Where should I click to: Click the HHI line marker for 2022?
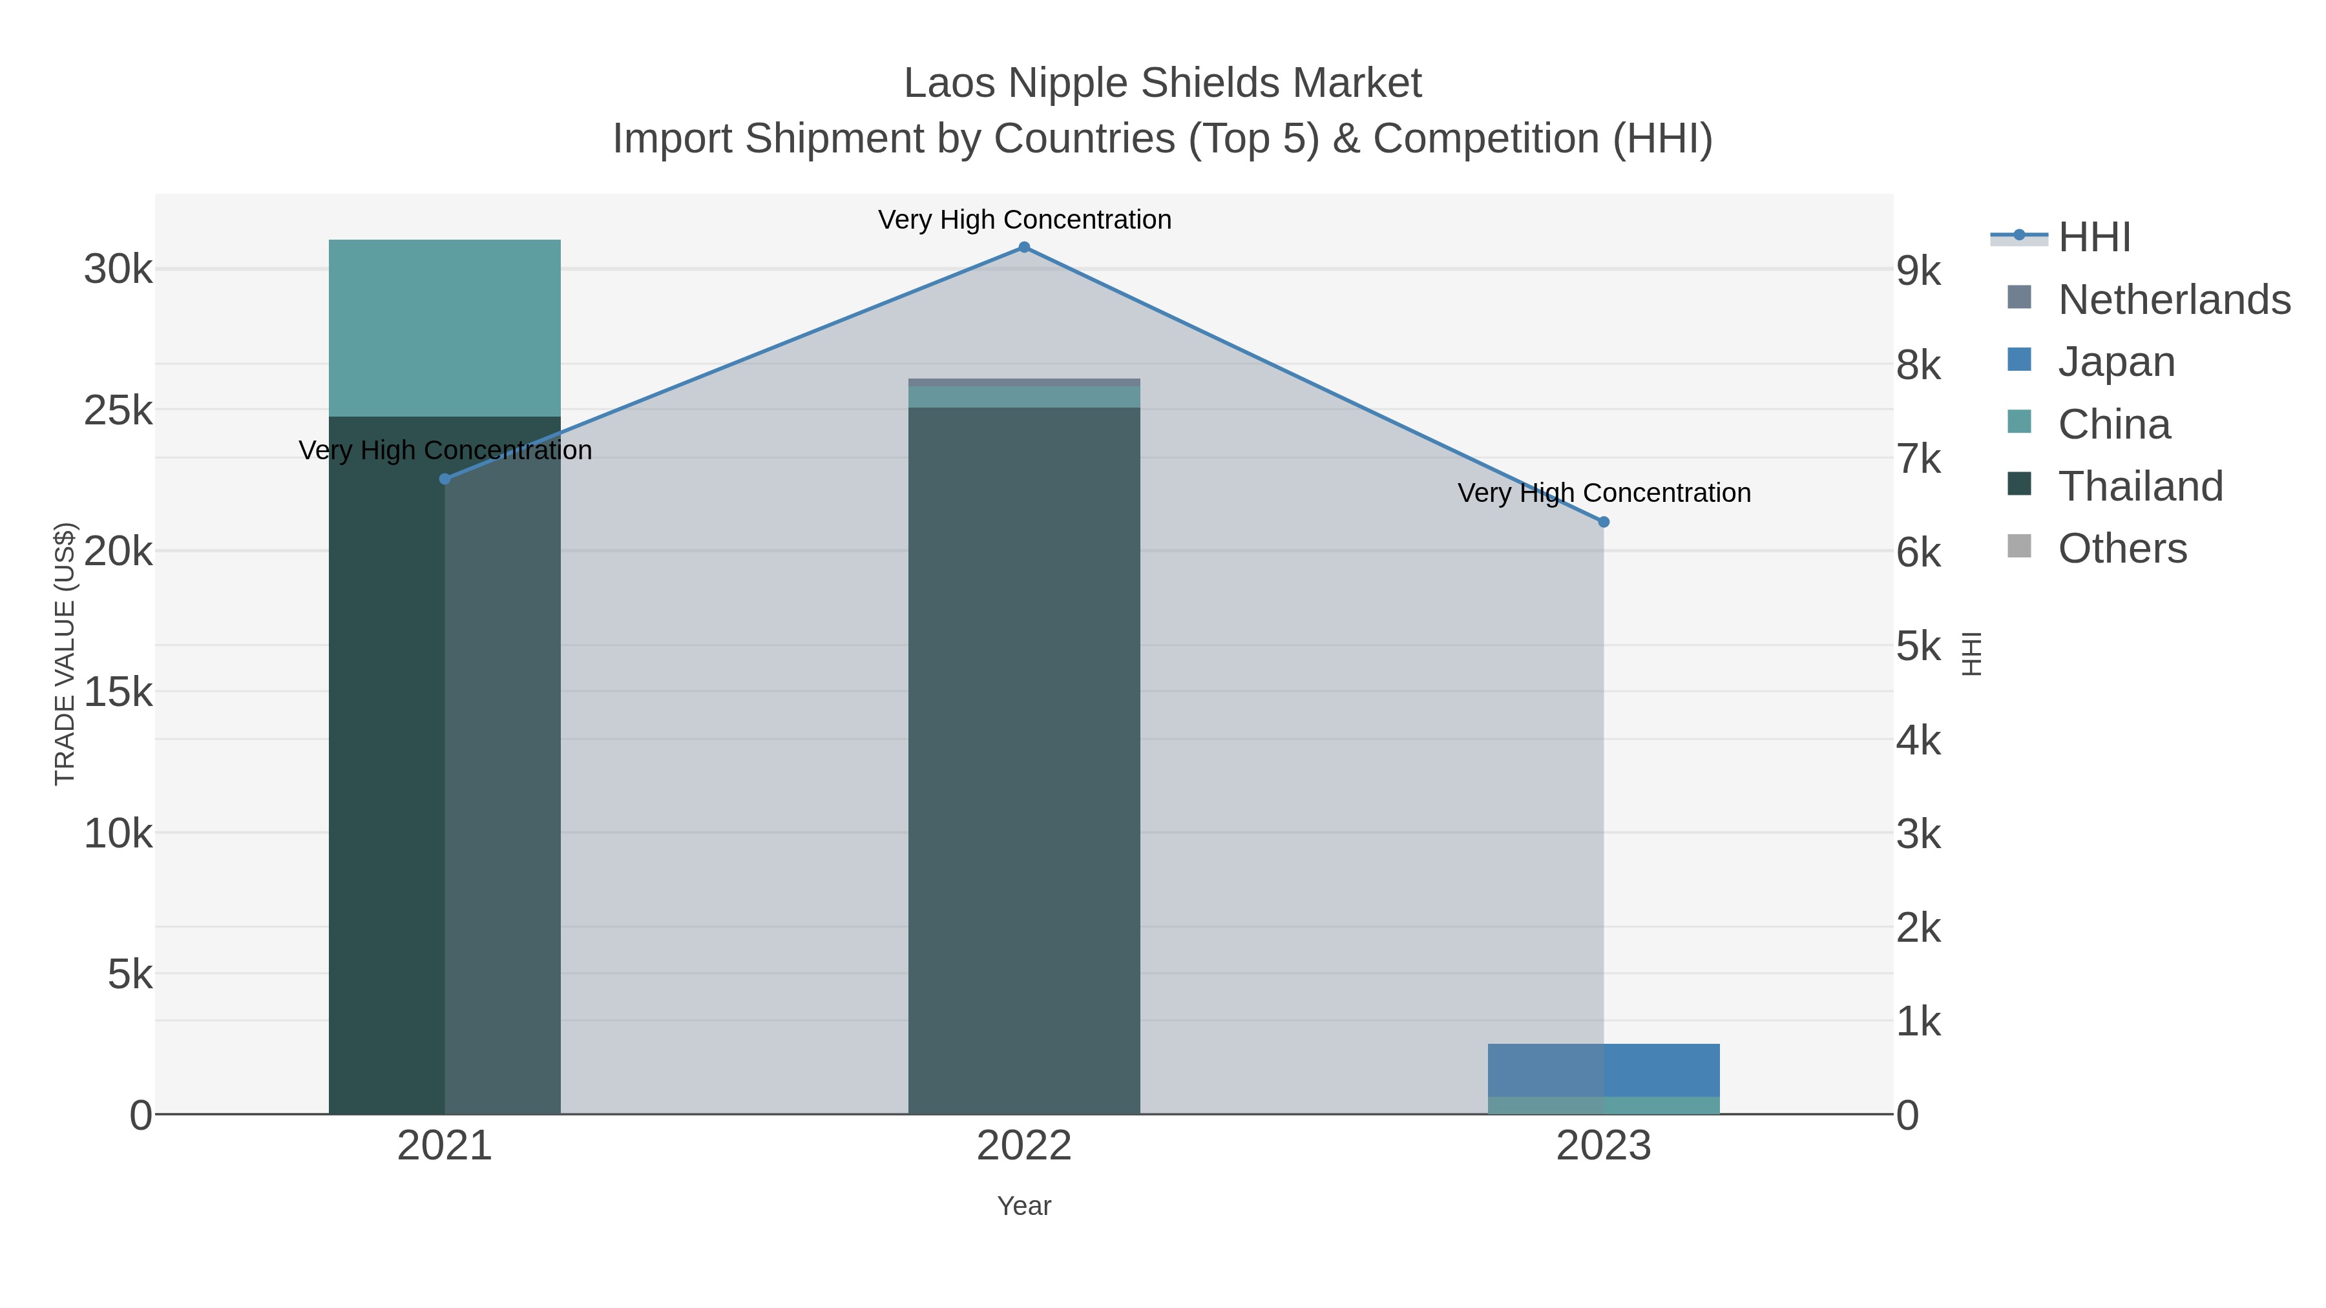(x=1024, y=247)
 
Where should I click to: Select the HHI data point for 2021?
(x=445, y=479)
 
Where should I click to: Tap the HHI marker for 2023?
(x=1604, y=522)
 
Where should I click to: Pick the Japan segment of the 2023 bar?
(x=1604, y=1070)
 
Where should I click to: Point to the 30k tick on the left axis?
(x=118, y=269)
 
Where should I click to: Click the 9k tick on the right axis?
(x=1919, y=271)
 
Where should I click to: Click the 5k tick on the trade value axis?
(x=130, y=975)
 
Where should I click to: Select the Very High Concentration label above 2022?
(x=1024, y=220)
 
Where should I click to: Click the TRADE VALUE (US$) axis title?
(x=65, y=654)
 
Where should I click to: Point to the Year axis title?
(x=1024, y=1206)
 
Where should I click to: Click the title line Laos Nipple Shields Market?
(x=1162, y=83)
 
